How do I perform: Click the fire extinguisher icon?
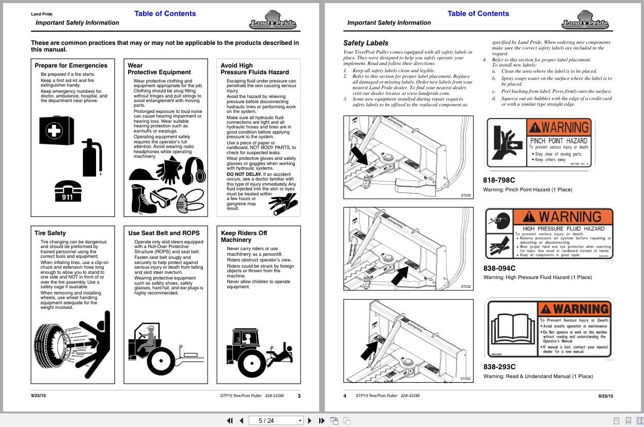point(93,157)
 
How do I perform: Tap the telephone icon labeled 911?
point(68,190)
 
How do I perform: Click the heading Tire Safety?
point(50,233)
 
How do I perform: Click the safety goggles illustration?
point(164,199)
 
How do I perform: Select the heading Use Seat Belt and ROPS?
point(164,233)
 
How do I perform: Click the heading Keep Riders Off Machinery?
point(244,236)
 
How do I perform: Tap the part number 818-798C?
point(499,180)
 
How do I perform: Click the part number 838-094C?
point(499,268)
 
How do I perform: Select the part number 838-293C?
point(499,367)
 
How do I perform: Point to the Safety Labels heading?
point(366,43)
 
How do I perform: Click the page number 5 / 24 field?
point(274,420)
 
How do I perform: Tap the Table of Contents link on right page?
point(478,13)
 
